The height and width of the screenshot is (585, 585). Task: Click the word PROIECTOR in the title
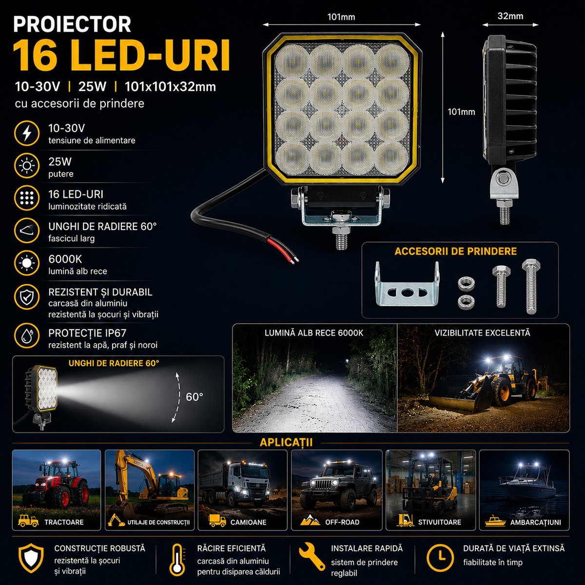pos(72,24)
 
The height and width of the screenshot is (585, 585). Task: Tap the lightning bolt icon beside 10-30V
pos(27,133)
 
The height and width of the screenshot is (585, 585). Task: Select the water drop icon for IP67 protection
pos(27,336)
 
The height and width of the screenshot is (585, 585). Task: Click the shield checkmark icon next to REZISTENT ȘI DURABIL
pos(27,296)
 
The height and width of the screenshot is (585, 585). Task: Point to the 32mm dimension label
pos(510,16)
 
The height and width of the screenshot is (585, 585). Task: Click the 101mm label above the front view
pos(341,17)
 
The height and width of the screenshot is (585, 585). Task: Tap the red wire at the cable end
pos(281,250)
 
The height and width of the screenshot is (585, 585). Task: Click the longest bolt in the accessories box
pos(531,286)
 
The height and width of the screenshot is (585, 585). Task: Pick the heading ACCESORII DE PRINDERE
pos(455,252)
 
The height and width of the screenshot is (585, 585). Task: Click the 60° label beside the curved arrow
pos(195,396)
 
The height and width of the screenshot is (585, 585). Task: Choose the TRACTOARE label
pos(64,522)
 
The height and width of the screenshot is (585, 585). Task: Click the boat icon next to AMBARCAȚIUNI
pos(495,521)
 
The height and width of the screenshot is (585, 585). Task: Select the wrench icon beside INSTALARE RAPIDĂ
pos(312,556)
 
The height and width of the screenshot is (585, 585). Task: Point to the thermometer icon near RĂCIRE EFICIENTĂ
pos(177,560)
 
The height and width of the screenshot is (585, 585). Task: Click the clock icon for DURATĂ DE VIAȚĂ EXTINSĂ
pos(440,557)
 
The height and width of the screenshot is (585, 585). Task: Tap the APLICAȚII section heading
pos(286,442)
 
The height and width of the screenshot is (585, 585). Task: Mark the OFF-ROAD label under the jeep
pos(342,522)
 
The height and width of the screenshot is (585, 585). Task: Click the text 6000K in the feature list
pos(65,259)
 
